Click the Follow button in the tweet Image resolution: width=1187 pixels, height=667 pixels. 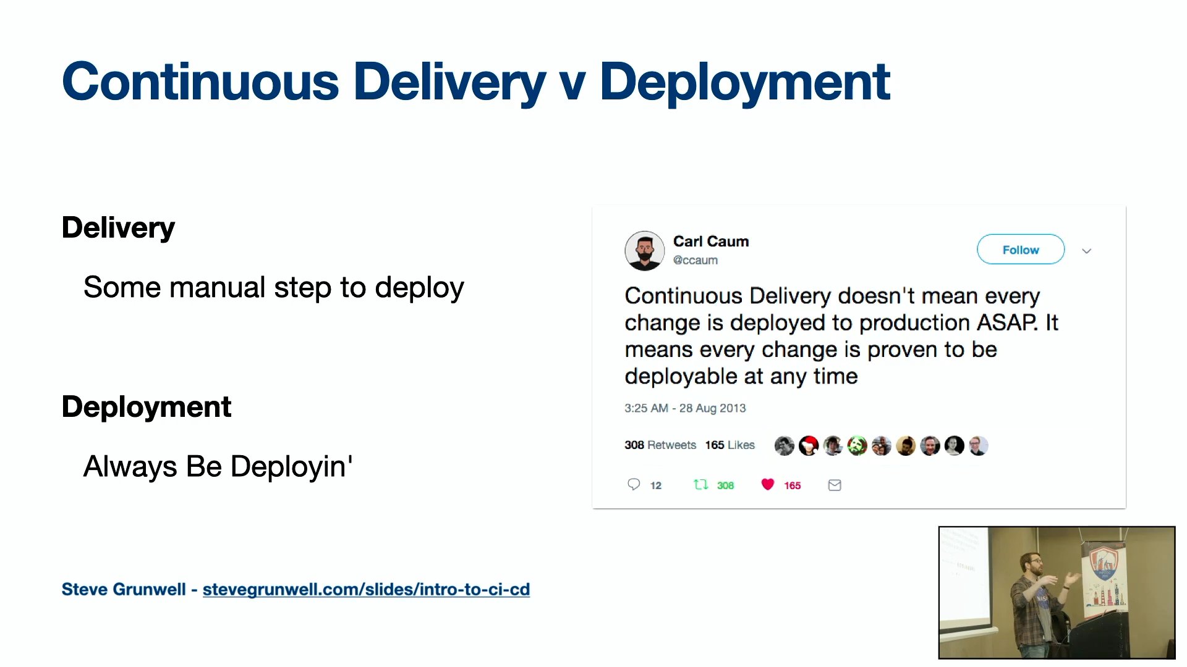click(1021, 250)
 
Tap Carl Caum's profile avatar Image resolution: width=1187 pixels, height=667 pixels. click(644, 251)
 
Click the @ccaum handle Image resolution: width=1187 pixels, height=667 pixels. click(696, 260)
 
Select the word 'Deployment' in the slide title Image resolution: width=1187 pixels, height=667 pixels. click(745, 82)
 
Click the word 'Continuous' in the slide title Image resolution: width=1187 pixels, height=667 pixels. click(201, 82)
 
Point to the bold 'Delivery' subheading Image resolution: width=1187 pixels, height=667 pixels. click(118, 228)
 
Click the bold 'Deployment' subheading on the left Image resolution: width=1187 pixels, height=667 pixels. click(147, 407)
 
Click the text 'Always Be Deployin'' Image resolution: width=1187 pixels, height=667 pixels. click(218, 466)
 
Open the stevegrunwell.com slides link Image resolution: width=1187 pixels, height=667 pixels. click(366, 589)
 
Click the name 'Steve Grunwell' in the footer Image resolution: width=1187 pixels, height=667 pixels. click(124, 589)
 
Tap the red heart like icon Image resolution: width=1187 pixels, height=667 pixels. click(767, 485)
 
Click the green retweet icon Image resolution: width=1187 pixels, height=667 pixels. click(700, 485)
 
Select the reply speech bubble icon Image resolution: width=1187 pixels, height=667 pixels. click(634, 484)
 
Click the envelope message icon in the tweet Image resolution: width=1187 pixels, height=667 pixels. click(835, 485)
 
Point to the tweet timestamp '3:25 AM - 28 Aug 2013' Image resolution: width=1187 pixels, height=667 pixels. click(685, 408)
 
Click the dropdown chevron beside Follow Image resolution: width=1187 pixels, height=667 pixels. click(1087, 251)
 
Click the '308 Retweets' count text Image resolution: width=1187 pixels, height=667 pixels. click(660, 445)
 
